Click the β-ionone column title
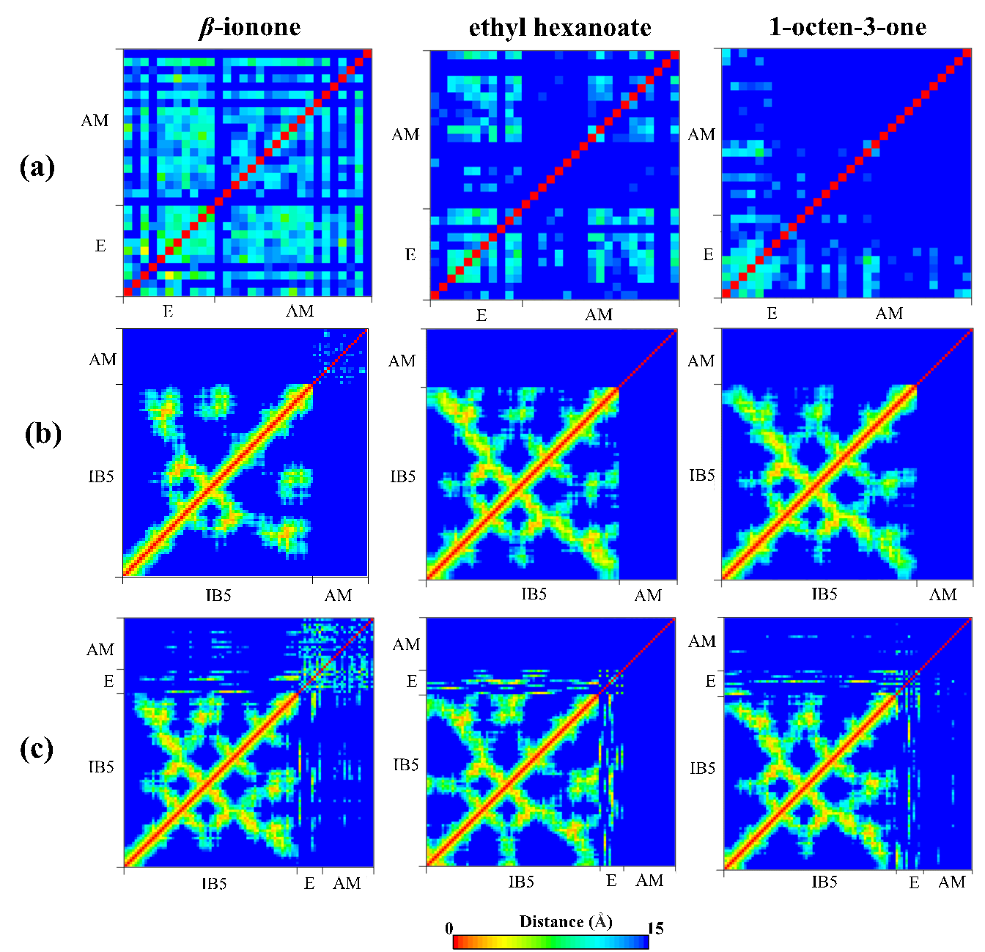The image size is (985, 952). click(250, 28)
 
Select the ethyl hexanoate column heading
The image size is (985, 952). click(560, 28)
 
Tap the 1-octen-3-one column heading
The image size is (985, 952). click(847, 27)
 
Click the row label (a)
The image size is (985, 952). click(37, 167)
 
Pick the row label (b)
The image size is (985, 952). click(43, 433)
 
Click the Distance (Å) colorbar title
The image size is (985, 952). click(565, 921)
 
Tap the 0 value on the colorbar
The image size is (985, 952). click(449, 929)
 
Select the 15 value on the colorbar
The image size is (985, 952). click(655, 929)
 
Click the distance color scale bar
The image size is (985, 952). click(550, 942)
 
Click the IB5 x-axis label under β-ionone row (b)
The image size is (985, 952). click(218, 595)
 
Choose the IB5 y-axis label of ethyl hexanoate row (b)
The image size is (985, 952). click(402, 477)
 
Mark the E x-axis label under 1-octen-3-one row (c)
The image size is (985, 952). click(914, 882)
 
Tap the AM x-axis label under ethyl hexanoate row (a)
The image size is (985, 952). click(599, 315)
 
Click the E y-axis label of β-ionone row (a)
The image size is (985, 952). click(100, 246)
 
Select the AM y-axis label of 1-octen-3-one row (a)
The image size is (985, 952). click(701, 134)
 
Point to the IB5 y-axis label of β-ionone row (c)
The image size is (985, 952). click(101, 767)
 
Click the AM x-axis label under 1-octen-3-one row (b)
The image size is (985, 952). click(942, 594)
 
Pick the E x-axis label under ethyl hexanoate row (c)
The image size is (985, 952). click(611, 881)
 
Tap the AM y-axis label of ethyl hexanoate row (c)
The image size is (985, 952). click(406, 644)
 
